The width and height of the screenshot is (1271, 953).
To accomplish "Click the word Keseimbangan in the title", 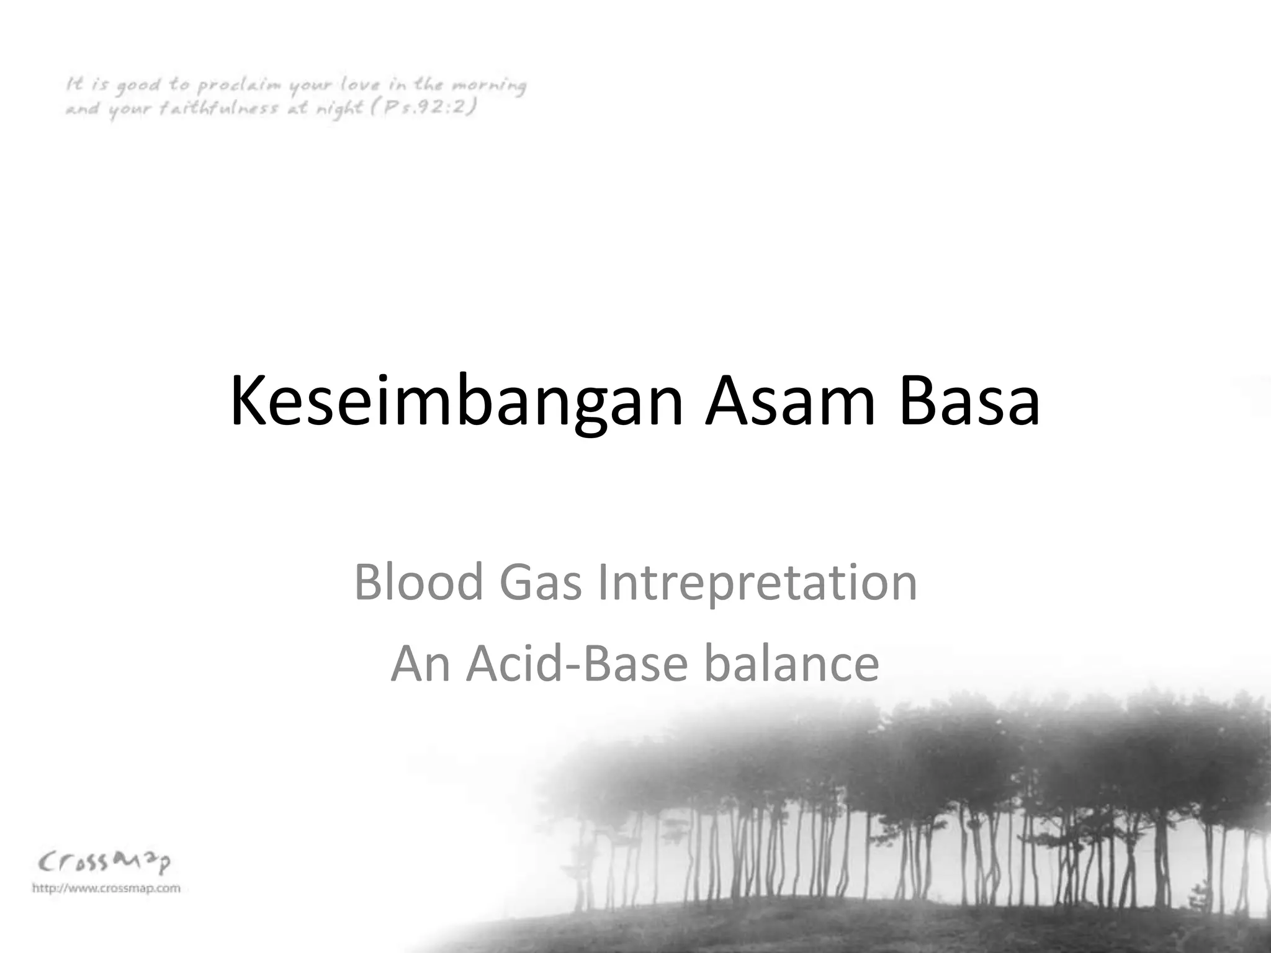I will pyautogui.click(x=456, y=402).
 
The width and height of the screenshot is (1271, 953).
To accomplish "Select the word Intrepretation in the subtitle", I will pyautogui.click(x=757, y=583).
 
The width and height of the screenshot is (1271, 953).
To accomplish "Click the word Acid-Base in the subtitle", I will pyautogui.click(x=577, y=663).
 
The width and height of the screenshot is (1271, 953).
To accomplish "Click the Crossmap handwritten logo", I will pyautogui.click(x=104, y=862).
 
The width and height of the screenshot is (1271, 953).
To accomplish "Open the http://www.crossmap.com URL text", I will pyautogui.click(x=106, y=888).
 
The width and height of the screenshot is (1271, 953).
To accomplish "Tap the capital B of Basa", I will pyautogui.click(x=915, y=402).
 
